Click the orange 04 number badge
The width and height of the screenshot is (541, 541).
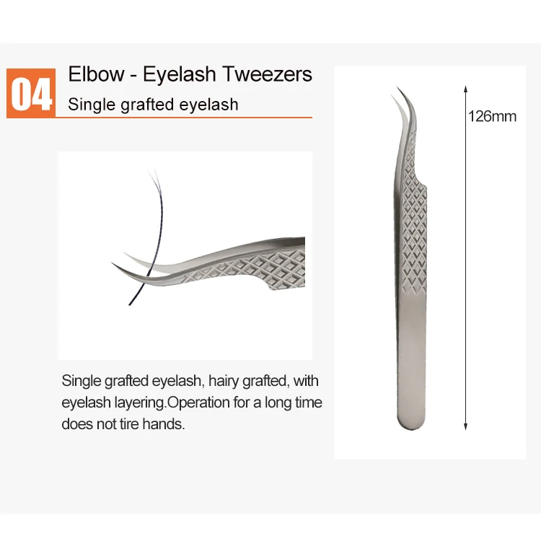pos(31,92)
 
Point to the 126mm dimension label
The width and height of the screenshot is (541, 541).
pos(493,116)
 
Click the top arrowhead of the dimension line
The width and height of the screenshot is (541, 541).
pos(465,89)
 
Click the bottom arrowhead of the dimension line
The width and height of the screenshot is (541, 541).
pos(465,428)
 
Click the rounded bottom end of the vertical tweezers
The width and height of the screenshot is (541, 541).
pos(411,423)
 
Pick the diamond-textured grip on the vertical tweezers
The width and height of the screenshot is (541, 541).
pos(412,231)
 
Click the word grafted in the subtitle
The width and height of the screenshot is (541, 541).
pos(144,105)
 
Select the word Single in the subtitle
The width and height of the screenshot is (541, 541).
pos(89,105)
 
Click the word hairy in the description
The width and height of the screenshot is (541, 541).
pos(224,381)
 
